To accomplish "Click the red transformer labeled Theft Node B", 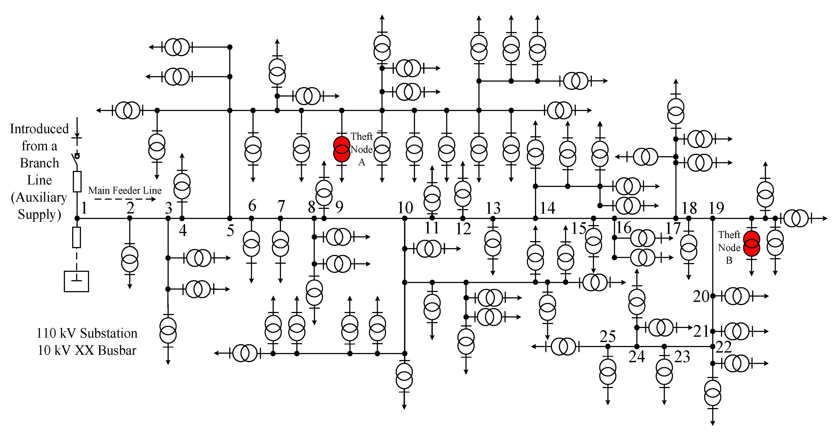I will [751, 244].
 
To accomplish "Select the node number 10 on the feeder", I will [405, 208].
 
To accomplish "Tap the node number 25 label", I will [607, 336].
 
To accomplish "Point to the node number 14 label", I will [547, 208].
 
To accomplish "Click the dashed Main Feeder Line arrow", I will [125, 199].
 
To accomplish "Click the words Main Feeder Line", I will [125, 190].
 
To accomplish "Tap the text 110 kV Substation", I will [87, 333].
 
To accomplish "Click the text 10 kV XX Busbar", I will [87, 350].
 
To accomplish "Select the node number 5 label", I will [230, 231].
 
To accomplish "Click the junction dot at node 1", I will [77, 218].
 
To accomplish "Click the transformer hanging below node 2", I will [130, 259].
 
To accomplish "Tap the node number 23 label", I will [682, 357].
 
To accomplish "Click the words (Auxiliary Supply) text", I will [39, 206].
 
